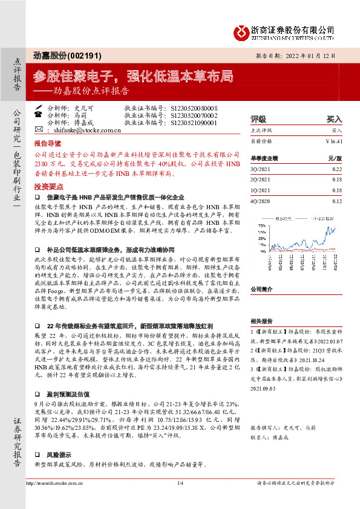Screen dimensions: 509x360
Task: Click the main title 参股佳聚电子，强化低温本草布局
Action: [x=133, y=76]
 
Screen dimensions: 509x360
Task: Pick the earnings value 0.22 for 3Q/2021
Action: [x=337, y=169]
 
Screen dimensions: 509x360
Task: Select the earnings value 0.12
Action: [x=337, y=201]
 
